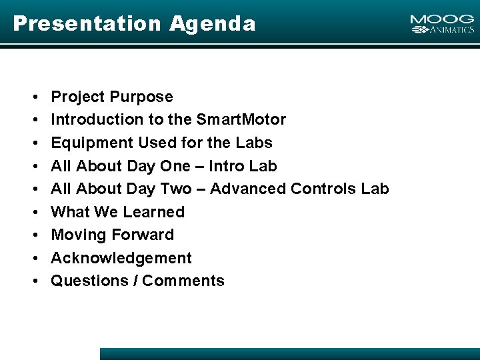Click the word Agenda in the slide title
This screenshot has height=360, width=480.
(212, 24)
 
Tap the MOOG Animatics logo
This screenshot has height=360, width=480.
(442, 25)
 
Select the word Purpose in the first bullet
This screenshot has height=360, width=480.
(141, 97)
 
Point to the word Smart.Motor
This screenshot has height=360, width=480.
(241, 120)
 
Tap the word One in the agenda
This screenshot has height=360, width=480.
(175, 166)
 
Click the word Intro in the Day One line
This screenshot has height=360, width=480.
(229, 166)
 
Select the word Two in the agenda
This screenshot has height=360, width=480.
(177, 189)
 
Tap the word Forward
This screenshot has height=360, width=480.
(143, 235)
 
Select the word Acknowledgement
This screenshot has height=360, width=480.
(121, 258)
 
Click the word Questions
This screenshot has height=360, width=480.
(90, 281)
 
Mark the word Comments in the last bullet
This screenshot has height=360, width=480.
(183, 281)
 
